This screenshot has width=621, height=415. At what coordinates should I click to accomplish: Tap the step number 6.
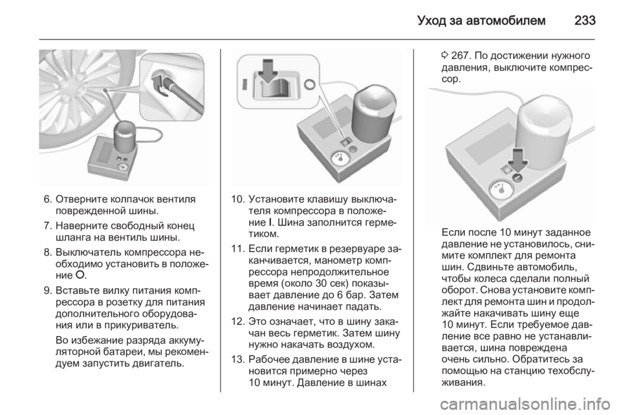[x=47, y=199]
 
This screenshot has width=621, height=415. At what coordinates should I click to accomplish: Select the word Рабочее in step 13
[x=270, y=359]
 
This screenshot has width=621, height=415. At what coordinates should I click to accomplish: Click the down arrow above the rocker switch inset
[x=268, y=71]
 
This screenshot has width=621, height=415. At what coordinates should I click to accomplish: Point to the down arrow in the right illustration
[x=518, y=161]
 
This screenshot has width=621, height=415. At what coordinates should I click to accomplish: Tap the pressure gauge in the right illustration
[x=502, y=189]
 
